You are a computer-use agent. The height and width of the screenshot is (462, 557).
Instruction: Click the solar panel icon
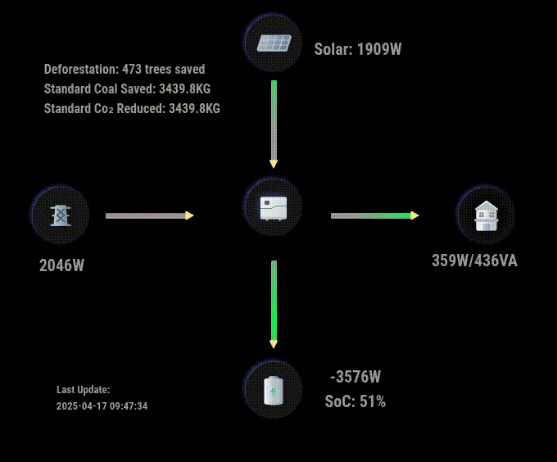click(274, 43)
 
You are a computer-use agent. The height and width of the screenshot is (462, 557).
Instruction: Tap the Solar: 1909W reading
click(358, 49)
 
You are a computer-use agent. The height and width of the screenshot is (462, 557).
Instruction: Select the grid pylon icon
click(61, 215)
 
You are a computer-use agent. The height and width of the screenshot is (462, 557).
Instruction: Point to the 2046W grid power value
click(61, 265)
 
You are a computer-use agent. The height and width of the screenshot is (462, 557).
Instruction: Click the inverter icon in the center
click(274, 208)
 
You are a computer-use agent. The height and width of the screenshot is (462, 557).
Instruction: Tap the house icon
click(487, 216)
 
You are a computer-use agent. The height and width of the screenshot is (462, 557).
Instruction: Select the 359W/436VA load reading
click(474, 260)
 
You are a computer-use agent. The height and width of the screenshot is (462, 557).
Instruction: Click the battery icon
click(274, 390)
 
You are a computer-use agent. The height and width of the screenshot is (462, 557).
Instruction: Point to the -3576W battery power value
click(355, 377)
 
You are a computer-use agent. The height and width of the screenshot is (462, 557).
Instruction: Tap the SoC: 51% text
click(355, 401)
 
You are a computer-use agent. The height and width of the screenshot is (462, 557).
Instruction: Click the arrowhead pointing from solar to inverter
click(274, 164)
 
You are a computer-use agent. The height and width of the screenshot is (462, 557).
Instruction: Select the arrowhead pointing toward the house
click(414, 215)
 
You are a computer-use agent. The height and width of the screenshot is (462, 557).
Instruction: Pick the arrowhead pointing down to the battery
click(274, 344)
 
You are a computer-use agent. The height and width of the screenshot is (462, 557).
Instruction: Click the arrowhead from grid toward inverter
click(189, 215)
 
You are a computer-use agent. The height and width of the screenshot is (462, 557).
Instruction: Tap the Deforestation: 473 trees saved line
click(125, 69)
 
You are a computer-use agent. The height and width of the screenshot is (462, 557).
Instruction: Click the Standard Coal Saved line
click(127, 88)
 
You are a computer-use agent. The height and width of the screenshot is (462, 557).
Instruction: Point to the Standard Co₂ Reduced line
click(132, 108)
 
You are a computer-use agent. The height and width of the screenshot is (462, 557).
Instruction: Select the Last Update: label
click(83, 390)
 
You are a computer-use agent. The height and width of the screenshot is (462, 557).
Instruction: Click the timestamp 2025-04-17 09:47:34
click(102, 406)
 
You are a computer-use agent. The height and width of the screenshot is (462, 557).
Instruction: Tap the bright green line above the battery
click(274, 301)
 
